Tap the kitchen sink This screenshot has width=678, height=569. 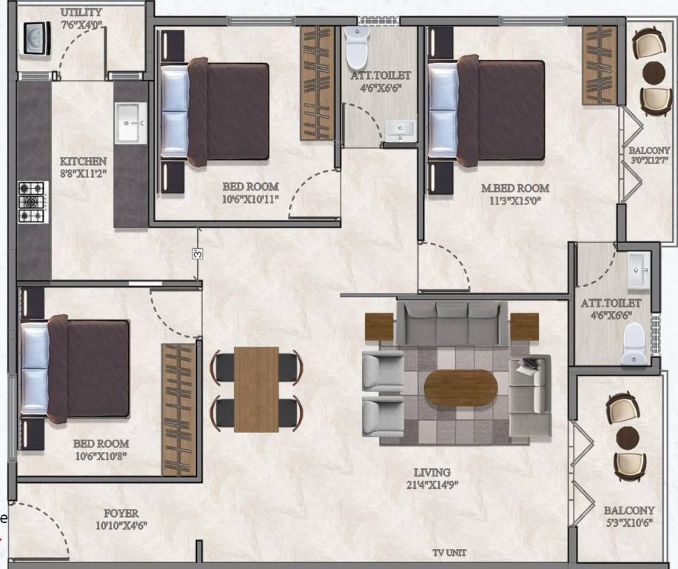click(131, 122)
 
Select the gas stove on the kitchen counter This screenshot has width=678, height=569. click(32, 202)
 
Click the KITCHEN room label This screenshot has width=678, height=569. click(83, 162)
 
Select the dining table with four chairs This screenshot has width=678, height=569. click(256, 389)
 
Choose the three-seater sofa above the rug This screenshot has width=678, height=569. click(452, 322)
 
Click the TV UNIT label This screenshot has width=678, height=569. click(450, 553)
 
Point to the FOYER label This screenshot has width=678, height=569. click(121, 513)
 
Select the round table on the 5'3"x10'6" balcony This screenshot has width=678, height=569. click(628, 436)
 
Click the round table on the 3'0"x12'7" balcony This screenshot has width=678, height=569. click(655, 73)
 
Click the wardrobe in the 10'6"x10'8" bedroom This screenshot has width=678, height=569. click(179, 409)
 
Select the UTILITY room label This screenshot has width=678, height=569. click(81, 13)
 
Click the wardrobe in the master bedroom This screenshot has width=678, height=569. click(599, 55)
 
